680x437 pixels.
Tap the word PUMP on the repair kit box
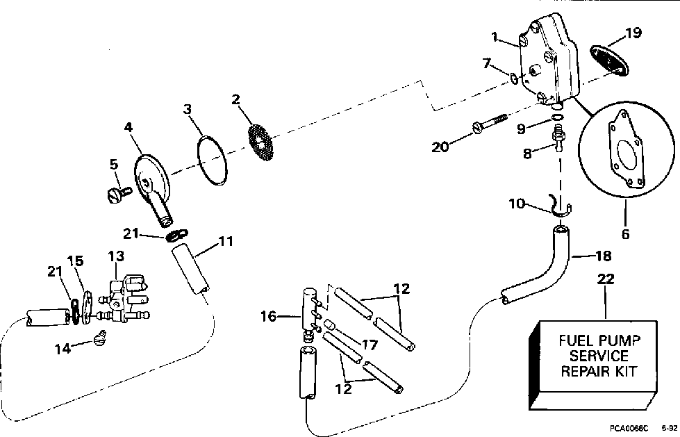620,341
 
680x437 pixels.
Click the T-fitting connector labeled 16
308,308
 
